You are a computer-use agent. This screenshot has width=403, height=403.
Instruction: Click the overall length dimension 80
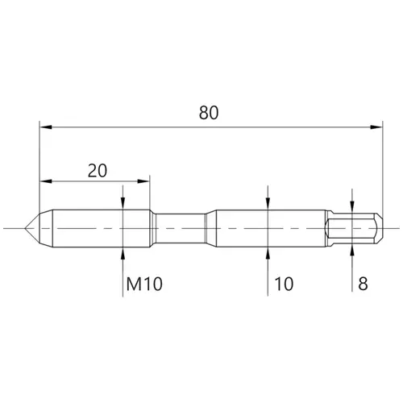pos(209,113)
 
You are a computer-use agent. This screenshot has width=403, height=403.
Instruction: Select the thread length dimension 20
pos(98,170)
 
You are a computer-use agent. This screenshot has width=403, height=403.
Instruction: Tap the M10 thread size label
pos(144,284)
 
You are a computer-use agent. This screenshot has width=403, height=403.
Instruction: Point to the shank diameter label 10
pos(284,284)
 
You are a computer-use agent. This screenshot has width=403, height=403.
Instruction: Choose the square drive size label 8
pos(363,284)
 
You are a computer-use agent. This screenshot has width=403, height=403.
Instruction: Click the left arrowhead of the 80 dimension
pos(46,127)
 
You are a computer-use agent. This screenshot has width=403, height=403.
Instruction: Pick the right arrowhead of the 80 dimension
pos(376,127)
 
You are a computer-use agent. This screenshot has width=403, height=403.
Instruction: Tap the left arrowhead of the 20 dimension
pos(46,181)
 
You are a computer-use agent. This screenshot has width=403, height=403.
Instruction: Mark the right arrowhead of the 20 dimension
pos(143,181)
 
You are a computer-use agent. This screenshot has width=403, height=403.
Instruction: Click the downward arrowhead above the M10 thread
pos(123,204)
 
